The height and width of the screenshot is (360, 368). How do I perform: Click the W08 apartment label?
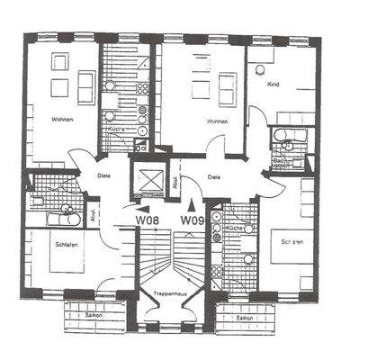(x=148, y=219)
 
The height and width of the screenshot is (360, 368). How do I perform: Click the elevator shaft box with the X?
(x=144, y=176)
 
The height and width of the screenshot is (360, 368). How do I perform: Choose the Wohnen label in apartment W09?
(x=216, y=121)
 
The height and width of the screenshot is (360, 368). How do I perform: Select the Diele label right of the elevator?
(x=213, y=177)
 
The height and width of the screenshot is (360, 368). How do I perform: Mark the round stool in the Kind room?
(x=261, y=69)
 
